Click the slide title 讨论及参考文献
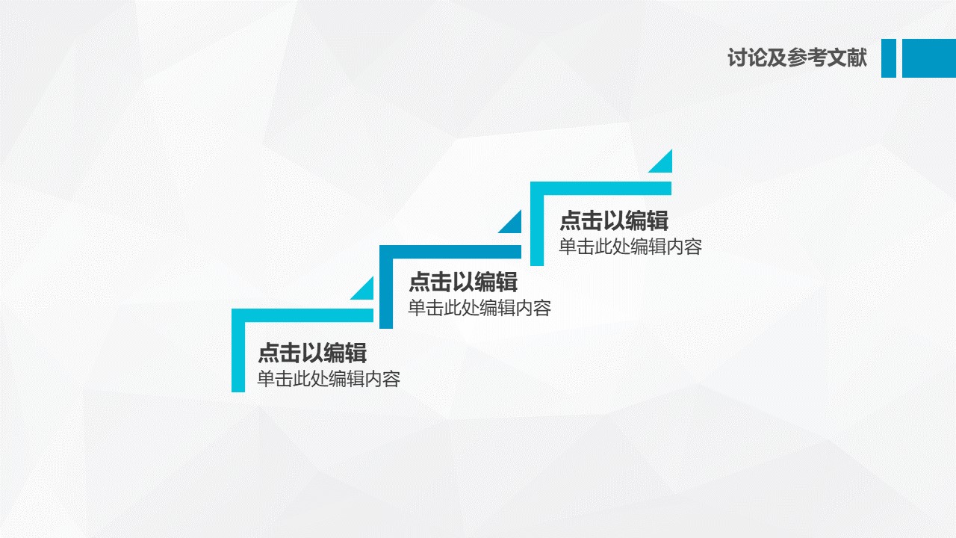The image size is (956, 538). (x=797, y=58)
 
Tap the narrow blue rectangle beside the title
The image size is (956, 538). (x=889, y=58)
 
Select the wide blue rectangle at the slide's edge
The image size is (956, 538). (x=929, y=58)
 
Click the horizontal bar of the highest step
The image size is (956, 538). (x=601, y=188)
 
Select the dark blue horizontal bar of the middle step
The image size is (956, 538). (x=450, y=252)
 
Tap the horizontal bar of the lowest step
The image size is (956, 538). (x=302, y=315)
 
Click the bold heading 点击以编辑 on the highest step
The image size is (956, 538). (x=614, y=220)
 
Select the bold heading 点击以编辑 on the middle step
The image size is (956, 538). (x=463, y=282)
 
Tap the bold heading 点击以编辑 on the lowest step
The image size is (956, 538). (x=312, y=353)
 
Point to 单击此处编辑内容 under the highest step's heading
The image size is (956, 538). (x=630, y=247)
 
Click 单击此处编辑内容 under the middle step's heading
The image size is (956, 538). (x=479, y=308)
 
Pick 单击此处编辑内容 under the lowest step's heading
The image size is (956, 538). (x=329, y=379)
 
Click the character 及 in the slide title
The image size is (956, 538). (x=777, y=58)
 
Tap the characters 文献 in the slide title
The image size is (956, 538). (x=847, y=58)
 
